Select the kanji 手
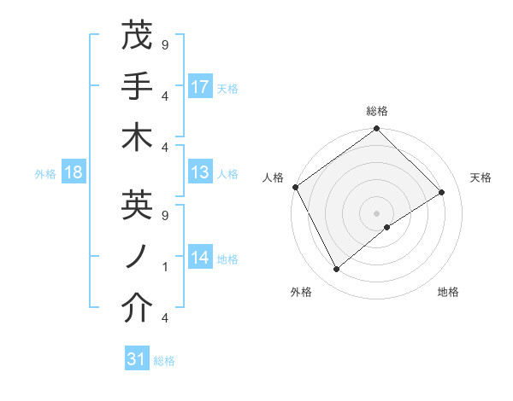pos(137,86)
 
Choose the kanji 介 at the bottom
pos(137,309)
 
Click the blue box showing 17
pos(200,86)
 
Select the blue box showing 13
pos(200,172)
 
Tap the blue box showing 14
pos(200,258)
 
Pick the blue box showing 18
pos(74,173)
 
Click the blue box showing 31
pos(137,359)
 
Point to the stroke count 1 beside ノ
pos(164,267)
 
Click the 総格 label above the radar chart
pos(377,111)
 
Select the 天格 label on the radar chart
pos(481,177)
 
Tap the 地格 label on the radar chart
pos(448,293)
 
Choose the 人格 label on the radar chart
pos(274,177)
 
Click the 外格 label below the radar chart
pos(301,293)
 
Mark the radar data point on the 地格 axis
pos(387,227)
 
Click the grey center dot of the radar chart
pos(376,212)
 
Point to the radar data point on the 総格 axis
pos(376,130)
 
